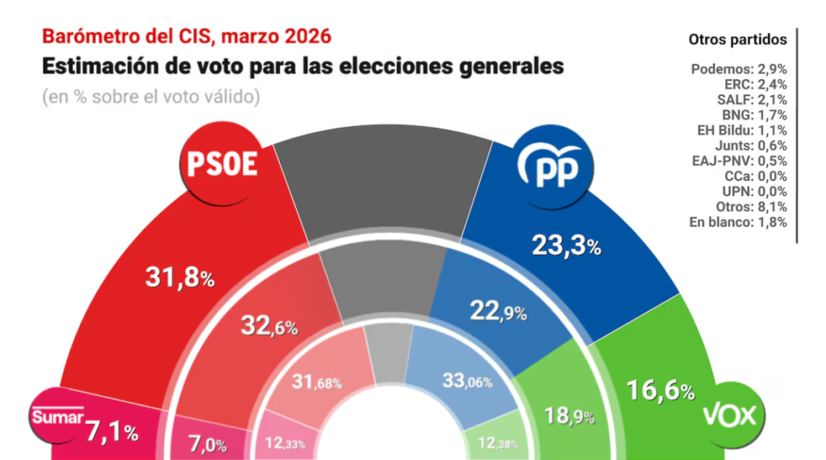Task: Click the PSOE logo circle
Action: pyautogui.click(x=222, y=165)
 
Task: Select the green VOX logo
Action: pyautogui.click(x=730, y=415)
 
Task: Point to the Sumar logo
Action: pyautogui.click(x=58, y=417)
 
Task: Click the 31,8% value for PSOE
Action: pyautogui.click(x=179, y=278)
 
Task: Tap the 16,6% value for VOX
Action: pyautogui.click(x=661, y=391)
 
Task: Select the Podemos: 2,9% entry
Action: pyautogui.click(x=739, y=69)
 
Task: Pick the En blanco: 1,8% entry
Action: pyautogui.click(x=739, y=222)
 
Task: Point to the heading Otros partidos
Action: pyautogui.click(x=738, y=39)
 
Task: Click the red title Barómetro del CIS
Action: pyautogui.click(x=186, y=36)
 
